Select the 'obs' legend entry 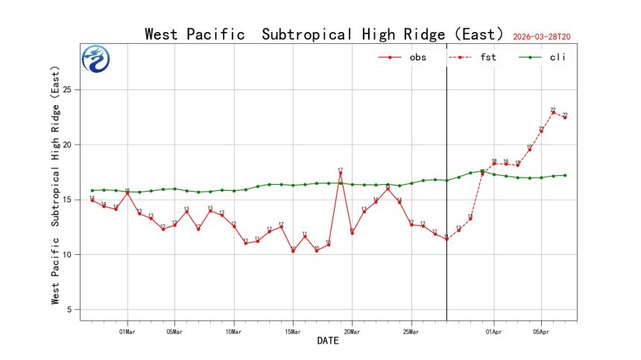[x=402, y=57]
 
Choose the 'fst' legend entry [x=473, y=57]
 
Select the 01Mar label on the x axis [x=127, y=331]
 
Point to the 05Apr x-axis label [x=541, y=331]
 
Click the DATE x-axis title [x=328, y=341]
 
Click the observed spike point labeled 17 [x=341, y=174]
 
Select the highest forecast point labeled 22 [x=553, y=113]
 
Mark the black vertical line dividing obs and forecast [x=446, y=186]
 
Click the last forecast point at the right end [x=565, y=118]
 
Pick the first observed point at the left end [x=92, y=200]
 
